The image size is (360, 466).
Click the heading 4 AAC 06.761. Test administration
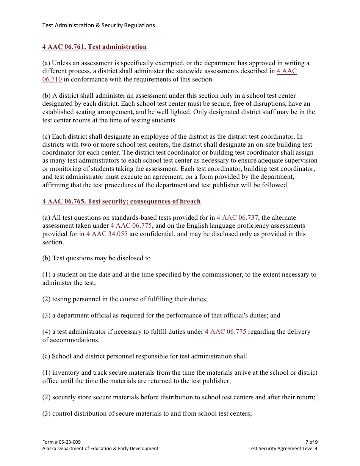(94, 47)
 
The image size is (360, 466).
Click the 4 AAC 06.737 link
(237, 218)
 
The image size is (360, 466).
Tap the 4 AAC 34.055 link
(107, 234)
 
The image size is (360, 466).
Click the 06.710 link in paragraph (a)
(52, 80)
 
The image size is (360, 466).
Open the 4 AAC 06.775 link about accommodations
(225, 332)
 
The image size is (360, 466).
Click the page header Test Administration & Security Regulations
(99, 25)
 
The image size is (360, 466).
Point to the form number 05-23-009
(61, 442)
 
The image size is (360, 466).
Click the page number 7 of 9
(311, 442)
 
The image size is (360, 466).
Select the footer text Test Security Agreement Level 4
(283, 449)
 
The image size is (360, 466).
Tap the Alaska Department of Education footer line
(100, 449)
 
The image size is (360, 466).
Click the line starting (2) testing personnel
(125, 299)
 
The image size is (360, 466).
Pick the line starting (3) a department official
(161, 316)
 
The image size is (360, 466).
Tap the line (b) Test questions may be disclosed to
(97, 258)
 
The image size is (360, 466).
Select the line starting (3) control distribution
(147, 414)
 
